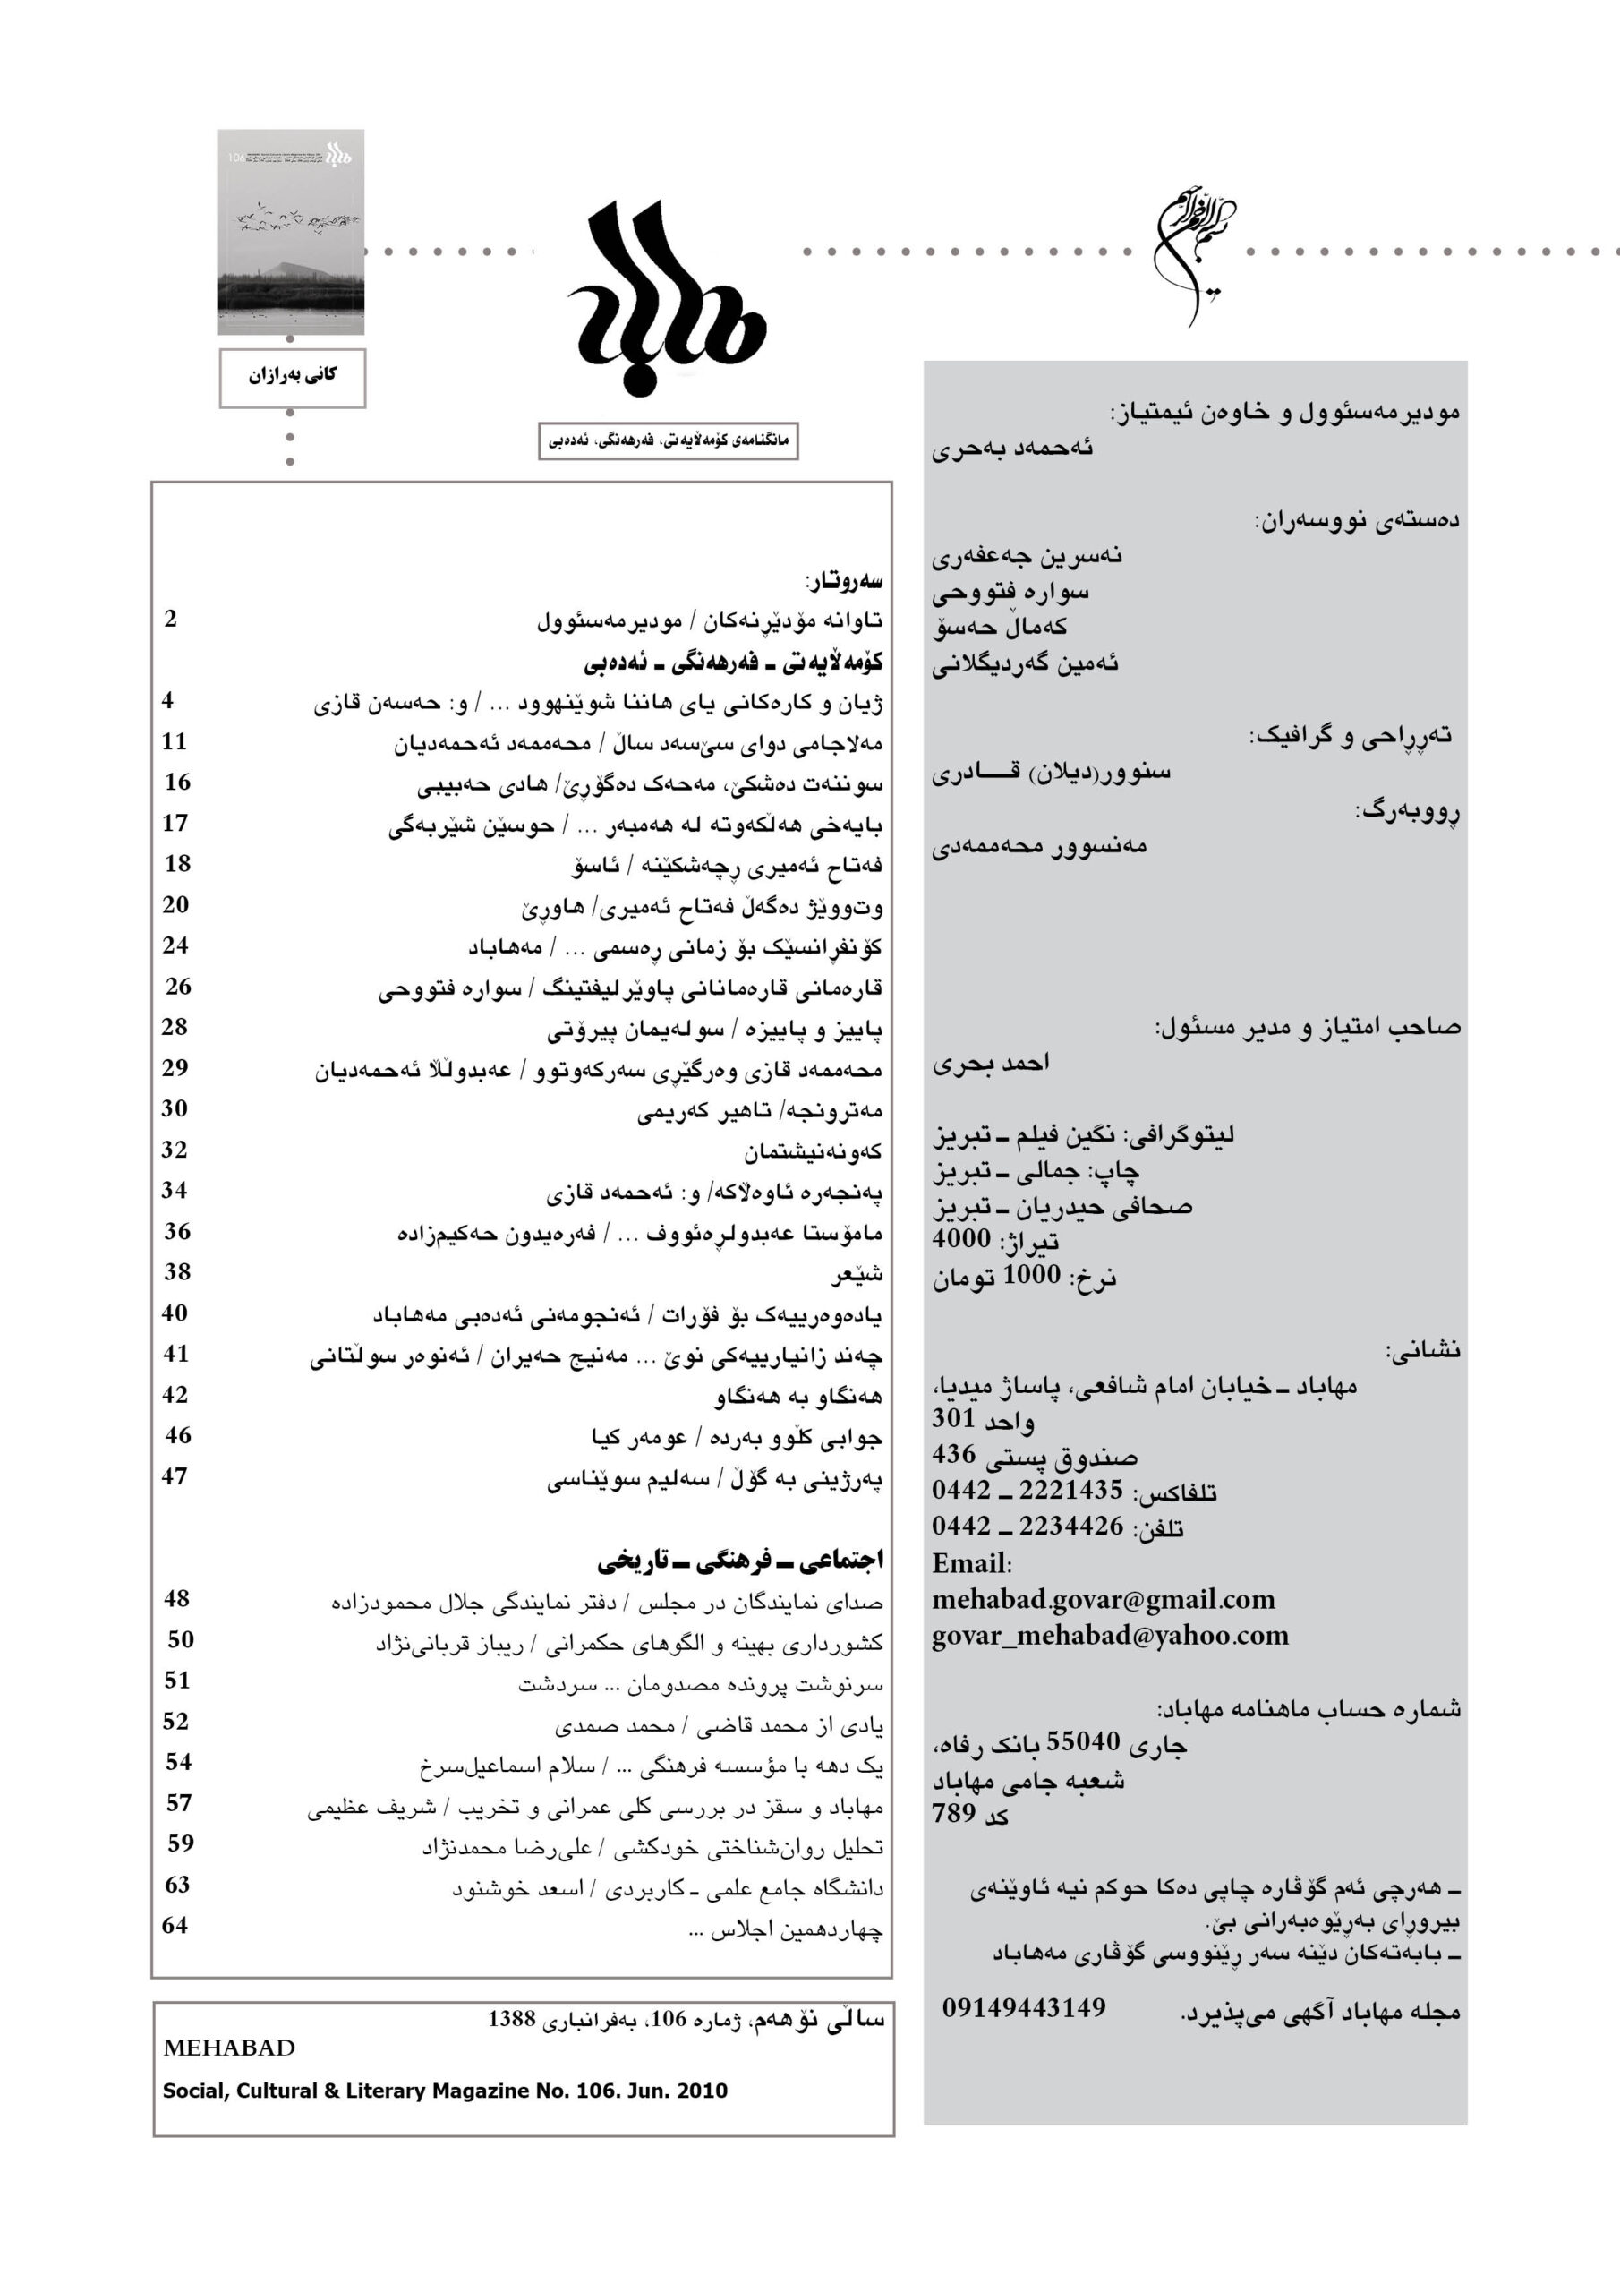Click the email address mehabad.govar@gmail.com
click(1103, 1599)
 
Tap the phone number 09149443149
click(1023, 2007)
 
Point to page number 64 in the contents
click(175, 1926)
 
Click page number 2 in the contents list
click(171, 618)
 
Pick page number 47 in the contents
click(175, 1476)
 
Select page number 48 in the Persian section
click(176, 1598)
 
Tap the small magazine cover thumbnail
click(292, 232)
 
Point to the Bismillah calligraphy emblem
click(1194, 250)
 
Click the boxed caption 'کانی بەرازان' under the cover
click(293, 376)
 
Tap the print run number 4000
click(961, 1239)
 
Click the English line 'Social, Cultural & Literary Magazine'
click(444, 2091)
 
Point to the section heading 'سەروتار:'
click(843, 580)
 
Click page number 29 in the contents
click(175, 1067)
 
